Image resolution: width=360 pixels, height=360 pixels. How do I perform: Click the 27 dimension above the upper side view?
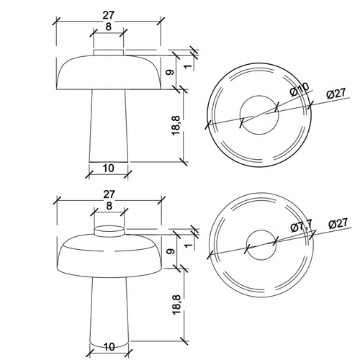pyautogui.click(x=108, y=15)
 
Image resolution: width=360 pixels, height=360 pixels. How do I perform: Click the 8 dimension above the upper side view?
pyautogui.click(x=109, y=27)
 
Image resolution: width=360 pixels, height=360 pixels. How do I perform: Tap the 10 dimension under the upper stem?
pyautogui.click(x=109, y=168)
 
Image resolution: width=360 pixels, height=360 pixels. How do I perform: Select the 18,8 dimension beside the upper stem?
pyautogui.click(x=176, y=125)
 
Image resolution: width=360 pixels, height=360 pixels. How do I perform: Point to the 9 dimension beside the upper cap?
pyautogui.click(x=170, y=72)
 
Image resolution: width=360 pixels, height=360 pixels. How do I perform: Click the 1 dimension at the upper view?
pyautogui.click(x=189, y=66)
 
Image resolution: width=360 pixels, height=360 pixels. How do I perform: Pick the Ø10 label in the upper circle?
pyautogui.click(x=300, y=89)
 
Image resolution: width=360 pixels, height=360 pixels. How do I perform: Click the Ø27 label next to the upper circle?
pyautogui.click(x=336, y=94)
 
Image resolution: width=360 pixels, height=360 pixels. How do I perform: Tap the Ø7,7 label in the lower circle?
pyautogui.click(x=302, y=226)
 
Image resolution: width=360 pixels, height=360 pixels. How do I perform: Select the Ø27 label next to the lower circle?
pyautogui.click(x=338, y=224)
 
